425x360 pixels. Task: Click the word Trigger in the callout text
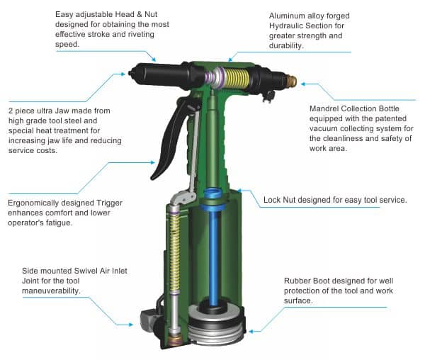click(110, 203)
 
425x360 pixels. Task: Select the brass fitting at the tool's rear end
click(292, 80)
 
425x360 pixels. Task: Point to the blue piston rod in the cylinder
click(214, 255)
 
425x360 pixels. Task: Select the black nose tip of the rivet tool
click(130, 73)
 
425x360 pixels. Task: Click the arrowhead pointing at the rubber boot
click(251, 331)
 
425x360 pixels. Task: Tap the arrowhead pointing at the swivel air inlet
click(131, 325)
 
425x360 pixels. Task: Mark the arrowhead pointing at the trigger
click(153, 163)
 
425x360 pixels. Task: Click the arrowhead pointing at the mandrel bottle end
click(303, 84)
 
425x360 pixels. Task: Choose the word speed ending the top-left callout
click(67, 45)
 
